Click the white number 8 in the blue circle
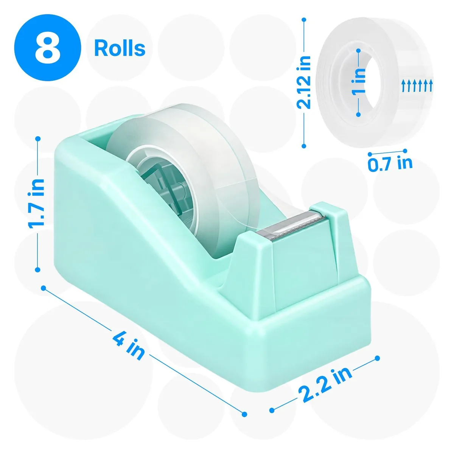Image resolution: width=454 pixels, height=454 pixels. click(48, 48)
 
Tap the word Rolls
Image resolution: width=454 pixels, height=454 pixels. click(120, 48)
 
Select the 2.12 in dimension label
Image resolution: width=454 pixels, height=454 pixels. click(304, 82)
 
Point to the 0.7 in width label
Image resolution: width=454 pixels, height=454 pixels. click(390, 164)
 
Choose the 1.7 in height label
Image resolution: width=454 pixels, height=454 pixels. click(36, 204)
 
